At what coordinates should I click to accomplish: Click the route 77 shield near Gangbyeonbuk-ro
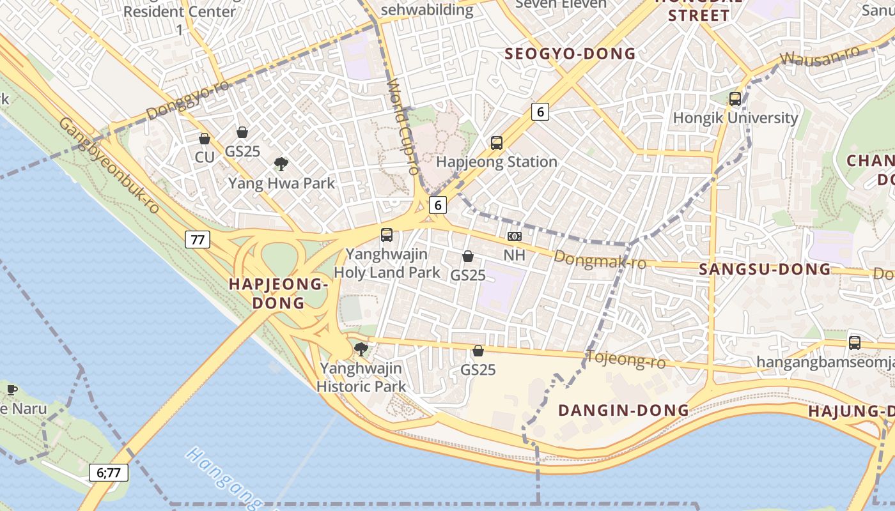coord(197,240)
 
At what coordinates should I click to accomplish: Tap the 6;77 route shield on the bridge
coord(109,473)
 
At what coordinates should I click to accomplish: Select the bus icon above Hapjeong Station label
coord(497,143)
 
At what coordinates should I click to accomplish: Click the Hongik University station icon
coord(735,99)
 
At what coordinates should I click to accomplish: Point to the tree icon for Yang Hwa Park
coord(281,164)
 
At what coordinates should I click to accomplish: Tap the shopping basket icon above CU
coord(205,139)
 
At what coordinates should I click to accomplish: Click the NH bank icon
coord(515,236)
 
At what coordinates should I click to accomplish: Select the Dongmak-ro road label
coord(600,259)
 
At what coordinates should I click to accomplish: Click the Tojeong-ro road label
coord(626,360)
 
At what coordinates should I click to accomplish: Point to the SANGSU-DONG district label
coord(765,270)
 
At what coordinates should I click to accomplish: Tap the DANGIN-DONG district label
coord(624,410)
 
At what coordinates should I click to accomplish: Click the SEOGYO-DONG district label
coord(570,54)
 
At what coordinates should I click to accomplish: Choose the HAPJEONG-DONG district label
coord(278,293)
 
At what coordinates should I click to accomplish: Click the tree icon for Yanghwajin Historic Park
coord(361,349)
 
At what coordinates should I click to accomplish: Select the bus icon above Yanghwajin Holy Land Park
coord(387,235)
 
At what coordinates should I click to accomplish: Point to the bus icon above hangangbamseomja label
coord(855,343)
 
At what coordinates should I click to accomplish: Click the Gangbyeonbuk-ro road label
coord(109,165)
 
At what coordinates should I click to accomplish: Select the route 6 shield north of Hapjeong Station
coord(540,112)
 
